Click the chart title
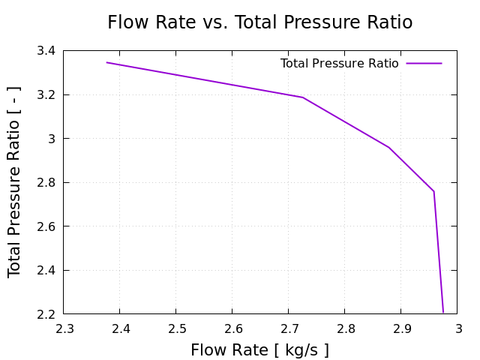(x=259, y=22)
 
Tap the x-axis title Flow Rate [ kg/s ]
(x=259, y=350)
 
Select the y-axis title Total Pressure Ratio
(x=15, y=182)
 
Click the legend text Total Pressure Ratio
(x=339, y=64)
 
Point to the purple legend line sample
(x=424, y=64)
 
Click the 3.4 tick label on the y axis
(x=46, y=51)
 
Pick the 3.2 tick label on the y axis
(x=46, y=95)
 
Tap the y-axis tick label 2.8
(x=46, y=182)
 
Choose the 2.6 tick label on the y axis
(x=46, y=226)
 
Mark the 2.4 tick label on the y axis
(x=46, y=270)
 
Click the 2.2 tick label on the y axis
(x=46, y=313)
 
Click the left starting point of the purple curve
(x=106, y=62)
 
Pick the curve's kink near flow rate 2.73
(x=303, y=97)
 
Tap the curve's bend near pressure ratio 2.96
(x=389, y=148)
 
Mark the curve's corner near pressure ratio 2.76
(x=433, y=191)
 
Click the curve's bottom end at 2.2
(x=443, y=312)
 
